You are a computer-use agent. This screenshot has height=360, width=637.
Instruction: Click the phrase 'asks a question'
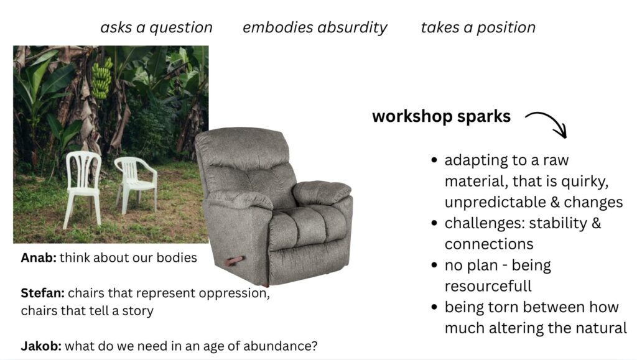(156, 27)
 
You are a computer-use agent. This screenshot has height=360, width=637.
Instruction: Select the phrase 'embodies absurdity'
(315, 27)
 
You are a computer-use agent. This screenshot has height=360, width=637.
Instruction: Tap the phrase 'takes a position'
(478, 27)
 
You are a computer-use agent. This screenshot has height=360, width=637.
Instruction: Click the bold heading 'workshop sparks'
(441, 116)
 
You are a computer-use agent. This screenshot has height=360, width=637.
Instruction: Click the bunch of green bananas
(101, 78)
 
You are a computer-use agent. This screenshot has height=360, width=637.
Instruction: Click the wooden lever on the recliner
(235, 261)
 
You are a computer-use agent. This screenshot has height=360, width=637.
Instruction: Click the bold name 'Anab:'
(39, 258)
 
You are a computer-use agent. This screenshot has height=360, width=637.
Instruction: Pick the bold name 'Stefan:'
(43, 293)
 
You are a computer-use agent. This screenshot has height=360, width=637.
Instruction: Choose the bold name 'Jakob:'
(41, 346)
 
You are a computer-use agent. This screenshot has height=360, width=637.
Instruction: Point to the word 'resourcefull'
(488, 286)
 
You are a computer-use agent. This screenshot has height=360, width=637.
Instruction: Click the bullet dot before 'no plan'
(434, 265)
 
